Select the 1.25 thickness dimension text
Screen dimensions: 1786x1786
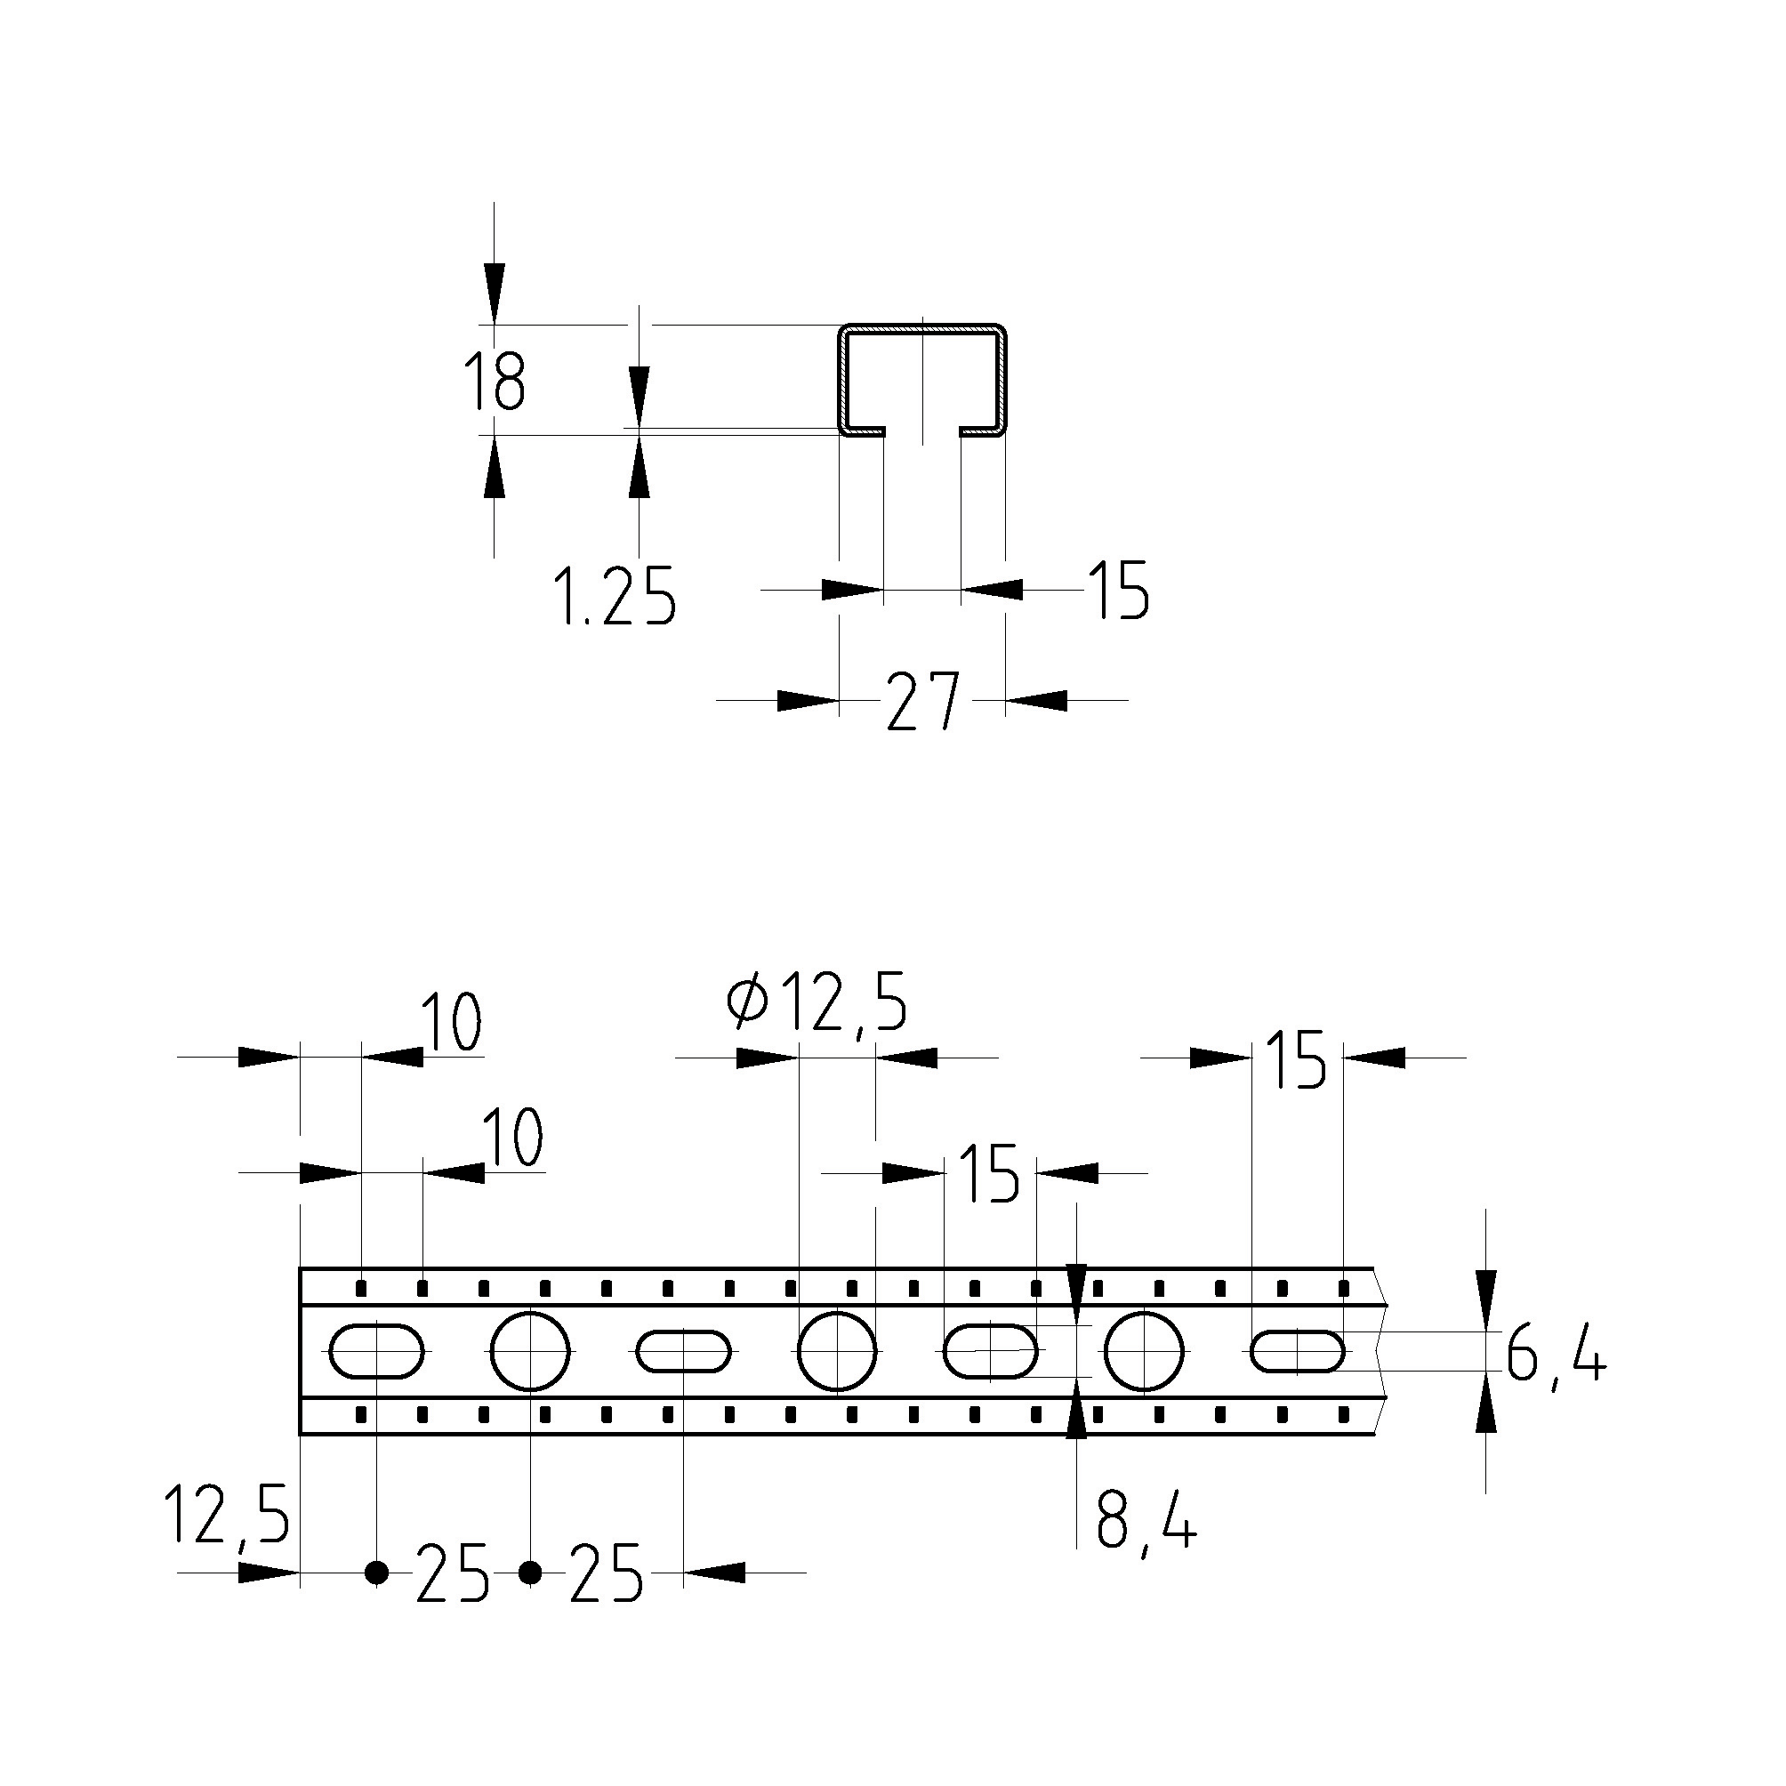coord(615,597)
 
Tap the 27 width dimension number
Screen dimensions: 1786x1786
coord(922,702)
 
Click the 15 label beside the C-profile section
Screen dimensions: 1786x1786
coord(1118,590)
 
